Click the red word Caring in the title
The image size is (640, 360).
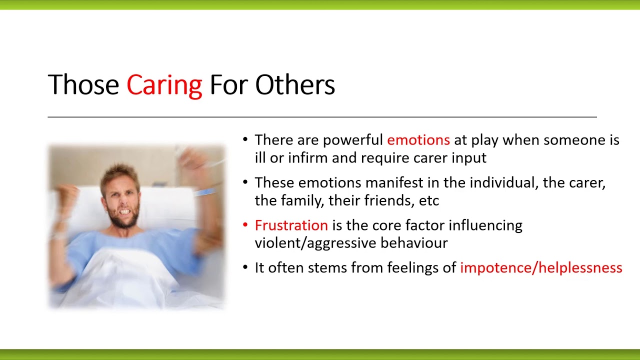pos(164,85)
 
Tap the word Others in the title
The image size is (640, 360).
pos(295,84)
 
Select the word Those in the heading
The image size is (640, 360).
pos(83,84)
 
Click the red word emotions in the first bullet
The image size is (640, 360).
pos(418,140)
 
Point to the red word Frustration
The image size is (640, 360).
pos(291,225)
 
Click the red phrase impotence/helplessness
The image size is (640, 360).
pos(541,268)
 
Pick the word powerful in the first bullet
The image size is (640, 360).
pos(353,140)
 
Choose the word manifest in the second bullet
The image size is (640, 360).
pos(394,183)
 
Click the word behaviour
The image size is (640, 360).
pos(414,243)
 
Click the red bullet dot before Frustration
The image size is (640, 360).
pos(245,225)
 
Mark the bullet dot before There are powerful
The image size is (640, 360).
pos(245,139)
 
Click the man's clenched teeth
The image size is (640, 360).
pos(125,211)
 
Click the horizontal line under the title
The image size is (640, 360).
pos(322,117)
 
